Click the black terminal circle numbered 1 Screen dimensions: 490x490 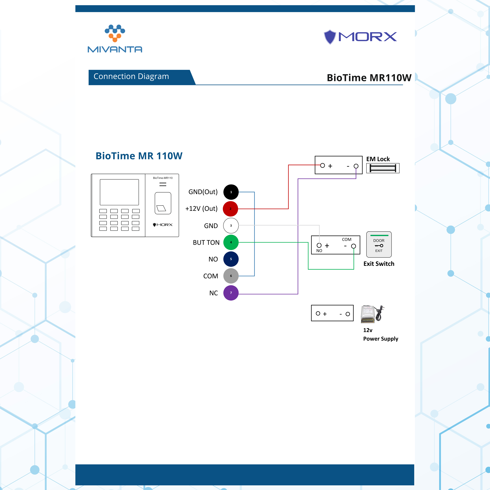coord(231,192)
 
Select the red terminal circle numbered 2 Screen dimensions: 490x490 coord(230,209)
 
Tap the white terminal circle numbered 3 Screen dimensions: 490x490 coord(231,225)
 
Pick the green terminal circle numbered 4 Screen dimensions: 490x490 coord(231,242)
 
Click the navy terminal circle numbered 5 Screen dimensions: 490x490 coord(231,259)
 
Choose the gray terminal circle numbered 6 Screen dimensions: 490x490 coord(231,276)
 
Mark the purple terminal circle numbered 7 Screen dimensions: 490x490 coord(231,293)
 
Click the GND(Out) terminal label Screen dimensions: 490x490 coord(203,192)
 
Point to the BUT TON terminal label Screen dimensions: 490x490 coord(206,242)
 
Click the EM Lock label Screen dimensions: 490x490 coord(378,159)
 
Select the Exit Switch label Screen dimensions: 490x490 coord(379,264)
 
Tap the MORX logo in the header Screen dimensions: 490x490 coord(360,37)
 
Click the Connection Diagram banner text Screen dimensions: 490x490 coord(131,76)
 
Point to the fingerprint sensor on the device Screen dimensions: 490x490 coord(163,203)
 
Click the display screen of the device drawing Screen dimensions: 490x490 coord(119,192)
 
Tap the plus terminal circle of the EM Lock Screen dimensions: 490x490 coord(322,165)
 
